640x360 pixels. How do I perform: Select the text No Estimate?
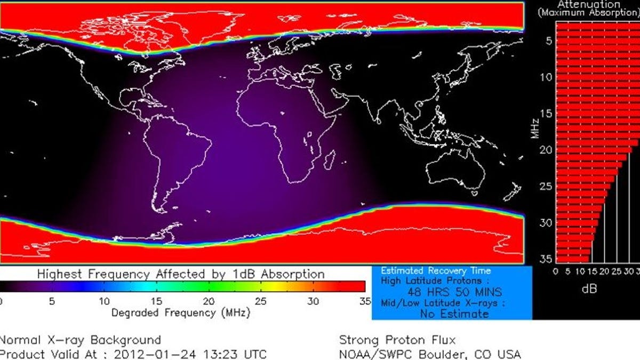pos(454,314)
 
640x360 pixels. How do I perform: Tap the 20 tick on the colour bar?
pos(209,301)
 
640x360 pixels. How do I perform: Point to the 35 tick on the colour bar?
pos(365,301)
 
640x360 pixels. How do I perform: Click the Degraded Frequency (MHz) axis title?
pos(180,313)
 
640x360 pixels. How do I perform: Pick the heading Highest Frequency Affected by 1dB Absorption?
pos(181,275)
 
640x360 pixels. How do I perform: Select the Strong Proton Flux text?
pos(397,340)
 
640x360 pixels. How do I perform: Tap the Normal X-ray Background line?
pos(80,340)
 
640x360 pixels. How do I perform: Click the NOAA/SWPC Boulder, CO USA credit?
pos(430,354)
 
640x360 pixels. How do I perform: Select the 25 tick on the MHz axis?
pos(545,186)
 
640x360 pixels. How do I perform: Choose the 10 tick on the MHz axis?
pos(545,77)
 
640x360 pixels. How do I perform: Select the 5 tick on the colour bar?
pos(52,301)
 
